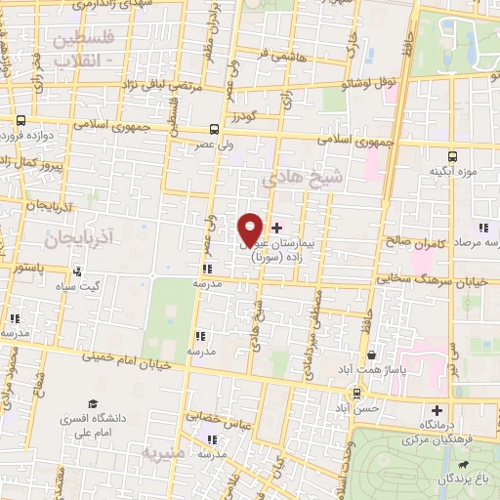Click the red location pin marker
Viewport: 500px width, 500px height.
251,229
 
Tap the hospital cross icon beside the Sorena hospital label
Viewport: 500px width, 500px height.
277,227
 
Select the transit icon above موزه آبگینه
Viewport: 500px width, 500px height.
452,156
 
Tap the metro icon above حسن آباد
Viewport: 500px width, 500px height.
358,393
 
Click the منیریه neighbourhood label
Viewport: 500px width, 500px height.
160,454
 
